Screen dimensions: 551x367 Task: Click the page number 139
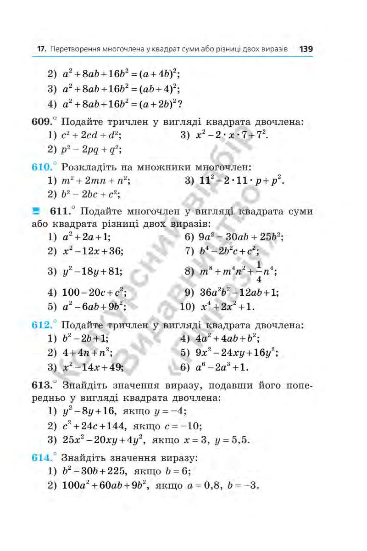(306, 49)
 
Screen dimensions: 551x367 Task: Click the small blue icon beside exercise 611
(36, 211)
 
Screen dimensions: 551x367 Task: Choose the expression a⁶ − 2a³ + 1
(222, 367)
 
